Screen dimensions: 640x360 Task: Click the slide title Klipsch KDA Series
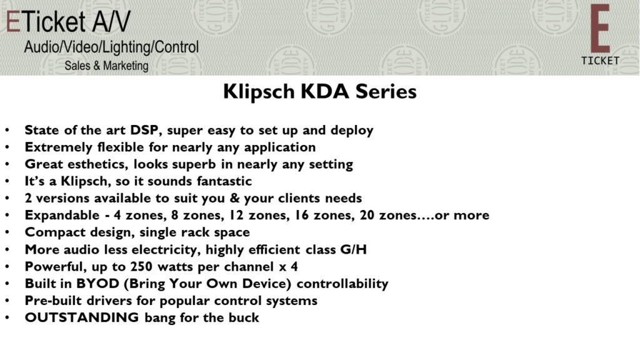[319, 91]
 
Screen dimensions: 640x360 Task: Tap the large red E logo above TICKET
[599, 29]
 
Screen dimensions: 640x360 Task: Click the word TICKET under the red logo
[600, 61]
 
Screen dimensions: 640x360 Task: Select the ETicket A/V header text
[68, 21]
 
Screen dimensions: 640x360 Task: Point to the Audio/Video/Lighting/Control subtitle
[111, 47]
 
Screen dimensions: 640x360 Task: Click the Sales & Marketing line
[106, 66]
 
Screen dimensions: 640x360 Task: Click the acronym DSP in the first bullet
[144, 130]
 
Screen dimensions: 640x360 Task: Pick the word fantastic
[224, 181]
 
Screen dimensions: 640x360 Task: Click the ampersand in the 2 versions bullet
[234, 198]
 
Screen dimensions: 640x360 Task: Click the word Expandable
[62, 216]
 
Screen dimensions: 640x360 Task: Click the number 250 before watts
[141, 266]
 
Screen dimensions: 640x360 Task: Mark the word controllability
[342, 284]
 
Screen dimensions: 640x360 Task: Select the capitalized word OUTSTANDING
[82, 317]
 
